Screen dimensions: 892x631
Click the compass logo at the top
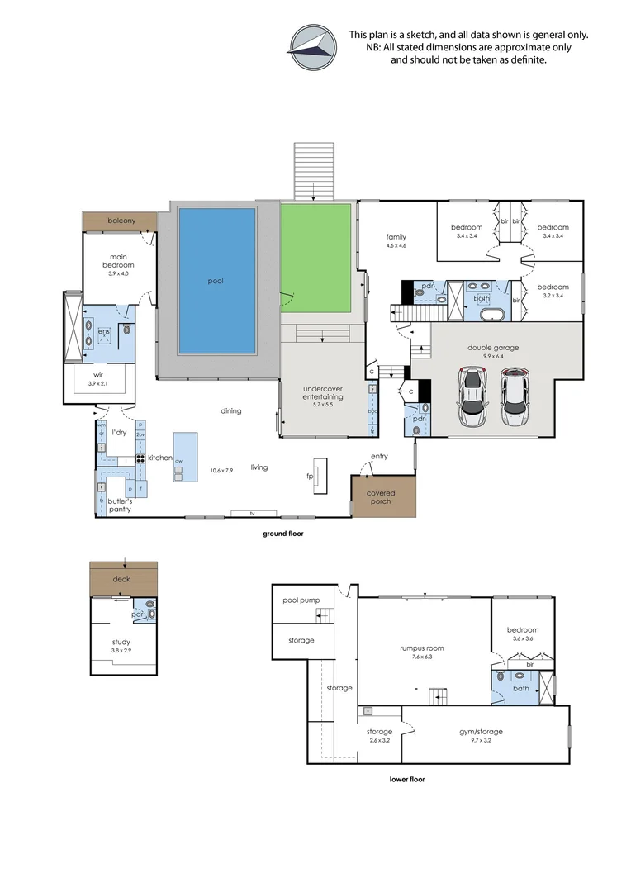(x=314, y=47)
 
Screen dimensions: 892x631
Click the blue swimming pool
(x=216, y=279)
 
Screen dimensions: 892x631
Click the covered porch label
(x=382, y=498)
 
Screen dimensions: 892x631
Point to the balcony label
(x=121, y=221)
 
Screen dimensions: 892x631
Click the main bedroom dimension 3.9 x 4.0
(x=118, y=273)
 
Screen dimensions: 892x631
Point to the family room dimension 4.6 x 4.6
(x=396, y=246)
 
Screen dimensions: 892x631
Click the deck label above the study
(x=121, y=579)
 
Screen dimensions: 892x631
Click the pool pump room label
(x=301, y=600)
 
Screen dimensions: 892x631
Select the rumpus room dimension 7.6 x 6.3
(x=416, y=657)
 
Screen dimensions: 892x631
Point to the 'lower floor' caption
(x=407, y=779)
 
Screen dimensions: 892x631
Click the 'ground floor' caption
(x=282, y=534)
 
